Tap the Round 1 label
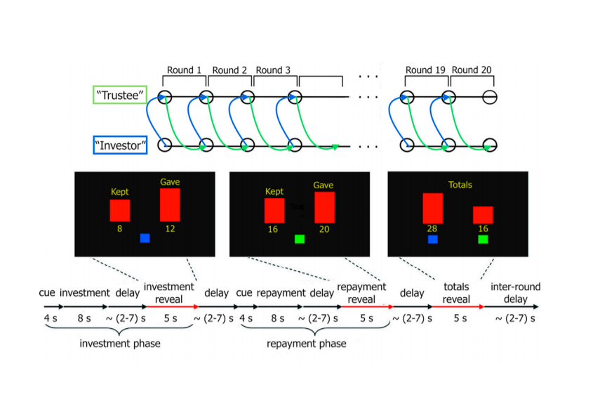[184, 70]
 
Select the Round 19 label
[425, 70]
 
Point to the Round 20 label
[471, 70]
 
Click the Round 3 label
[274, 70]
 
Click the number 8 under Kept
[120, 228]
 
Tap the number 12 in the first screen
[170, 228]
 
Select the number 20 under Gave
[324, 229]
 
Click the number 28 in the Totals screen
[433, 229]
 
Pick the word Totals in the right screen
[460, 185]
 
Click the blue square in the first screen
[145, 238]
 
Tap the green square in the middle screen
[299, 239]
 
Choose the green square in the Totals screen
[483, 240]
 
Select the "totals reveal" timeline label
[456, 292]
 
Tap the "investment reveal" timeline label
[168, 292]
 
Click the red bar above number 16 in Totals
[483, 215]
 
